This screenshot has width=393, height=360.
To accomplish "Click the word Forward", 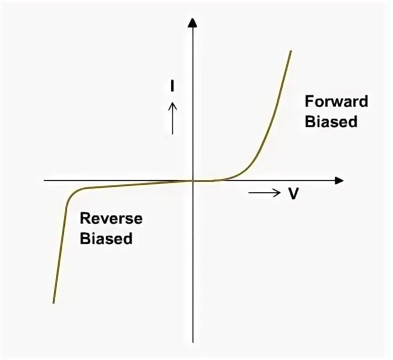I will coord(336,101).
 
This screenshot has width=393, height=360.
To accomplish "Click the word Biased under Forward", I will coord(331,122).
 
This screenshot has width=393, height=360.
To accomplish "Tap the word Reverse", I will coord(111,219).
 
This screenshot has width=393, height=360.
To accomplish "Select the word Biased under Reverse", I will coord(106,238).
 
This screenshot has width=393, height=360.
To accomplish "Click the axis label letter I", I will coord(173,86).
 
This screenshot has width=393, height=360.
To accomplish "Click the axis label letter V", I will coord(293,194).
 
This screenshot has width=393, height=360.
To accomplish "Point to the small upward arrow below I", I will coord(173,117).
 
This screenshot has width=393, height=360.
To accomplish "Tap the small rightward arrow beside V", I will coord(265,192).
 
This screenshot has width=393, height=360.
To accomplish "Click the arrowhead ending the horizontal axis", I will coord(340,181).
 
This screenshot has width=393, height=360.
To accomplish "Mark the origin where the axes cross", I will coord(193,181).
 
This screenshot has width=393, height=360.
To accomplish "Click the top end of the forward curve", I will coord(291,51).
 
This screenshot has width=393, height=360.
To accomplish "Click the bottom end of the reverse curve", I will coord(53,303).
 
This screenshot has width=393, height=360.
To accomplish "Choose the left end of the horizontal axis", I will coord(45,181).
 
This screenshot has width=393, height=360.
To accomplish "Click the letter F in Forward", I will coord(308,101).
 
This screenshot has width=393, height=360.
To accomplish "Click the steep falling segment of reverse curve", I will coord(60,249).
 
